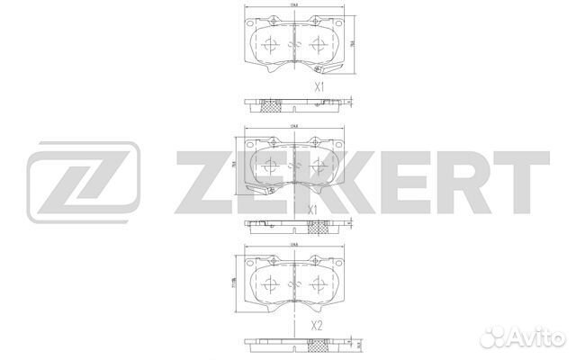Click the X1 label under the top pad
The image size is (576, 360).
pos(318,87)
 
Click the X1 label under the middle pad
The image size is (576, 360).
pos(314,211)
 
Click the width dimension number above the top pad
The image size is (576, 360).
pos(292,7)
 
